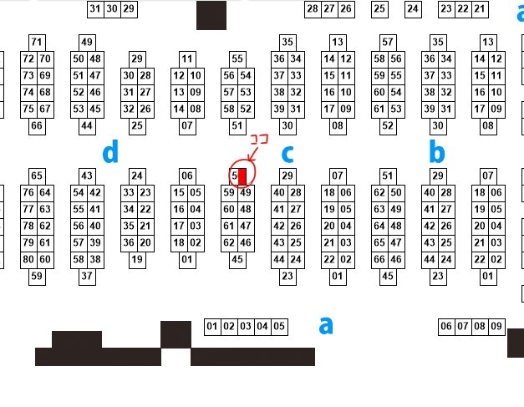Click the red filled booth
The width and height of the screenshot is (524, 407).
243,176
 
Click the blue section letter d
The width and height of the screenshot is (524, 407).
110,152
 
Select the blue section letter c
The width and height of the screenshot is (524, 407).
288,154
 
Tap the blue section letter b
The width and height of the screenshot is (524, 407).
435,152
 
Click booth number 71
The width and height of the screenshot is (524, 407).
37,43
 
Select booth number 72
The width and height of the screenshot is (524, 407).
28,59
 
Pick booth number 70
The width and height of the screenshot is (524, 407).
45,59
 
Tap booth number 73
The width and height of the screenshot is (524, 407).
28,76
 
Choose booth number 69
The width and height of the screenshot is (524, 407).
45,76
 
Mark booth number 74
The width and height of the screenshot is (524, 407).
28,93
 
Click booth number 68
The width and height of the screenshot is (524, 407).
45,93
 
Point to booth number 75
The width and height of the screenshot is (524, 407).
28,109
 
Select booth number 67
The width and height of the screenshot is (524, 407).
45,109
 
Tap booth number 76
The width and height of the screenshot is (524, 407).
28,192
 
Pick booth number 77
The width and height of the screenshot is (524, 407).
28,209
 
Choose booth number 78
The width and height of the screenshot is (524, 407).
28,226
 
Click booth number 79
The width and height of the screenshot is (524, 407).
28,242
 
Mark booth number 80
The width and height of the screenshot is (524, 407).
28,259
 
